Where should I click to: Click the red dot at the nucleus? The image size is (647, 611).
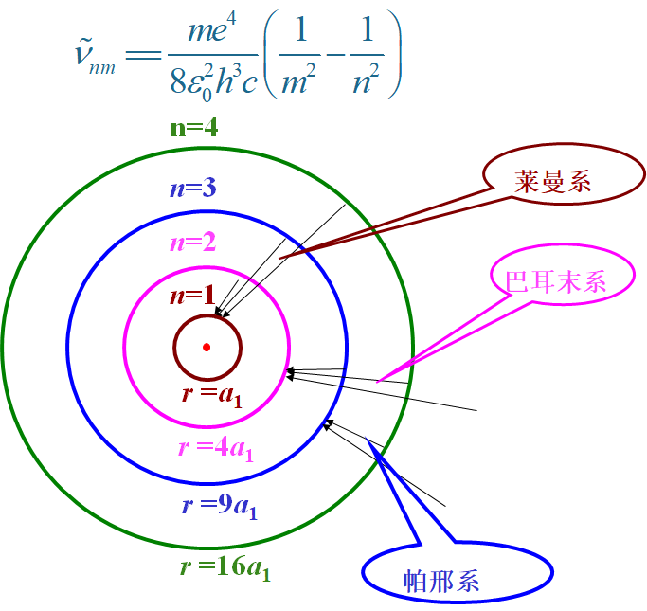(x=207, y=347)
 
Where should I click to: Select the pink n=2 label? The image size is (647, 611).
(x=192, y=243)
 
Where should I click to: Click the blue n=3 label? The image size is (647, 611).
(x=192, y=189)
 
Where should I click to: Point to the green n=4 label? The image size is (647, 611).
(x=194, y=128)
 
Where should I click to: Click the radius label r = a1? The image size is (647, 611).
(x=212, y=395)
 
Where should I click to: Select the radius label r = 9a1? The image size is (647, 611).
(x=220, y=507)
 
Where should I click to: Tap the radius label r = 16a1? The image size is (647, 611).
(x=225, y=568)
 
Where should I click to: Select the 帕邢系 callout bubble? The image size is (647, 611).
(x=457, y=572)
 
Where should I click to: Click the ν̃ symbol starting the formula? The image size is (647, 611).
(x=83, y=58)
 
